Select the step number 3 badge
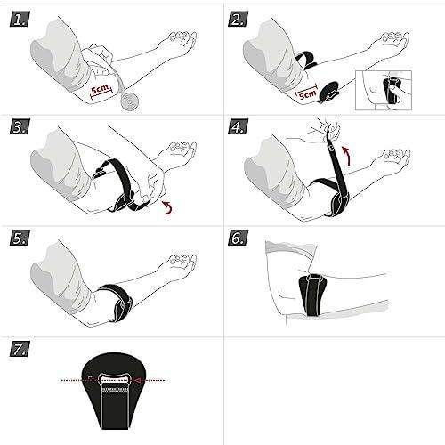(x=20, y=128)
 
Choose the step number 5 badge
(x=20, y=239)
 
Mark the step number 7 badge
(x=20, y=347)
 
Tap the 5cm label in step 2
(x=307, y=92)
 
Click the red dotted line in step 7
(x=117, y=378)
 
